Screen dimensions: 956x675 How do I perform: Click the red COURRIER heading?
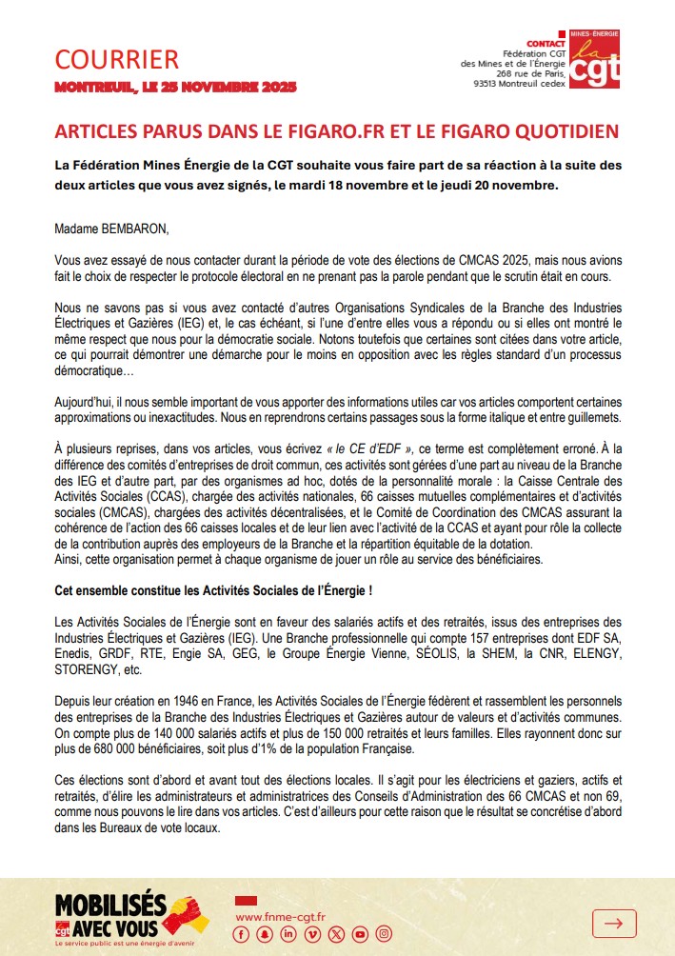pos(116,60)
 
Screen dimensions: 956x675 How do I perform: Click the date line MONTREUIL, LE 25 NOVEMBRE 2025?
pos(175,88)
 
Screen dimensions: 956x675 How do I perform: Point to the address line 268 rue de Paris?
pos(529,72)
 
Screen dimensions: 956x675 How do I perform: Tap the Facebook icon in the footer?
pos(241,935)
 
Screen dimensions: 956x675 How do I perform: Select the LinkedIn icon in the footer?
pos(288,935)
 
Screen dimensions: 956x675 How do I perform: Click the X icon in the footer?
pos(335,935)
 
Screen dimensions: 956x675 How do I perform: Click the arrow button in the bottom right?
pos(613,922)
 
